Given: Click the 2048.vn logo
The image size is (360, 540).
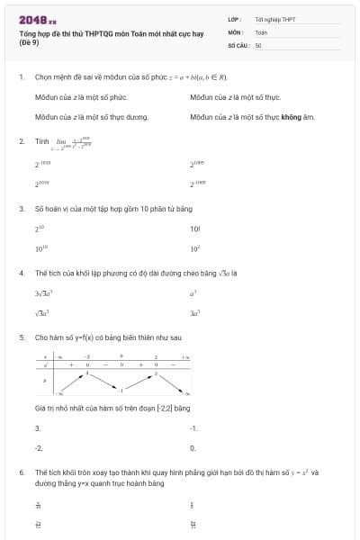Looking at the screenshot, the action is [37, 19].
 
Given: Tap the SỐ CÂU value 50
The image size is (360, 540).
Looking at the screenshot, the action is [258, 44].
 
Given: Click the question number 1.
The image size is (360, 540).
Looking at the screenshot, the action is [21, 77].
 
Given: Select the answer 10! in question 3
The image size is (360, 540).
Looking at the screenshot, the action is [195, 229].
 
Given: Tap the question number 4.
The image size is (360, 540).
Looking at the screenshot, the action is [21, 273].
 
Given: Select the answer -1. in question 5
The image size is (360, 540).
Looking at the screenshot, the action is [194, 427].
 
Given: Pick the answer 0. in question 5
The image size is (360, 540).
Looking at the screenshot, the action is [193, 447].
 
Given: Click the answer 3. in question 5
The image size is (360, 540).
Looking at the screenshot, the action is [38, 427].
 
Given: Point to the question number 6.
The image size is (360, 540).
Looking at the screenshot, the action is [21, 472].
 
